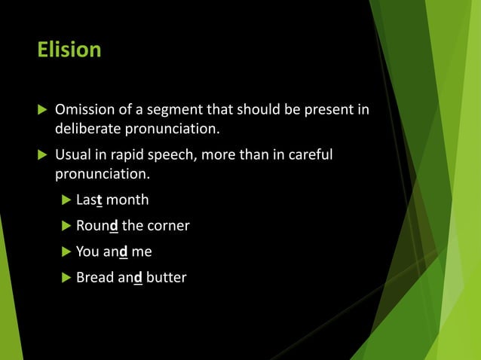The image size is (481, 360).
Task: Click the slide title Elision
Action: (x=69, y=50)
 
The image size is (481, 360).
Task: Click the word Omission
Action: (x=84, y=111)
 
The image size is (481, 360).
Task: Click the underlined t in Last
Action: (x=100, y=200)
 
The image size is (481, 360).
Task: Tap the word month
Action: (x=127, y=200)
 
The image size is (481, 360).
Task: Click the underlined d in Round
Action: (x=113, y=226)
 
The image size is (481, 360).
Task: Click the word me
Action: (x=142, y=252)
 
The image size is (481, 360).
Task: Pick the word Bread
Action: (x=93, y=278)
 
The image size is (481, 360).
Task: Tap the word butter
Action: (x=167, y=278)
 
